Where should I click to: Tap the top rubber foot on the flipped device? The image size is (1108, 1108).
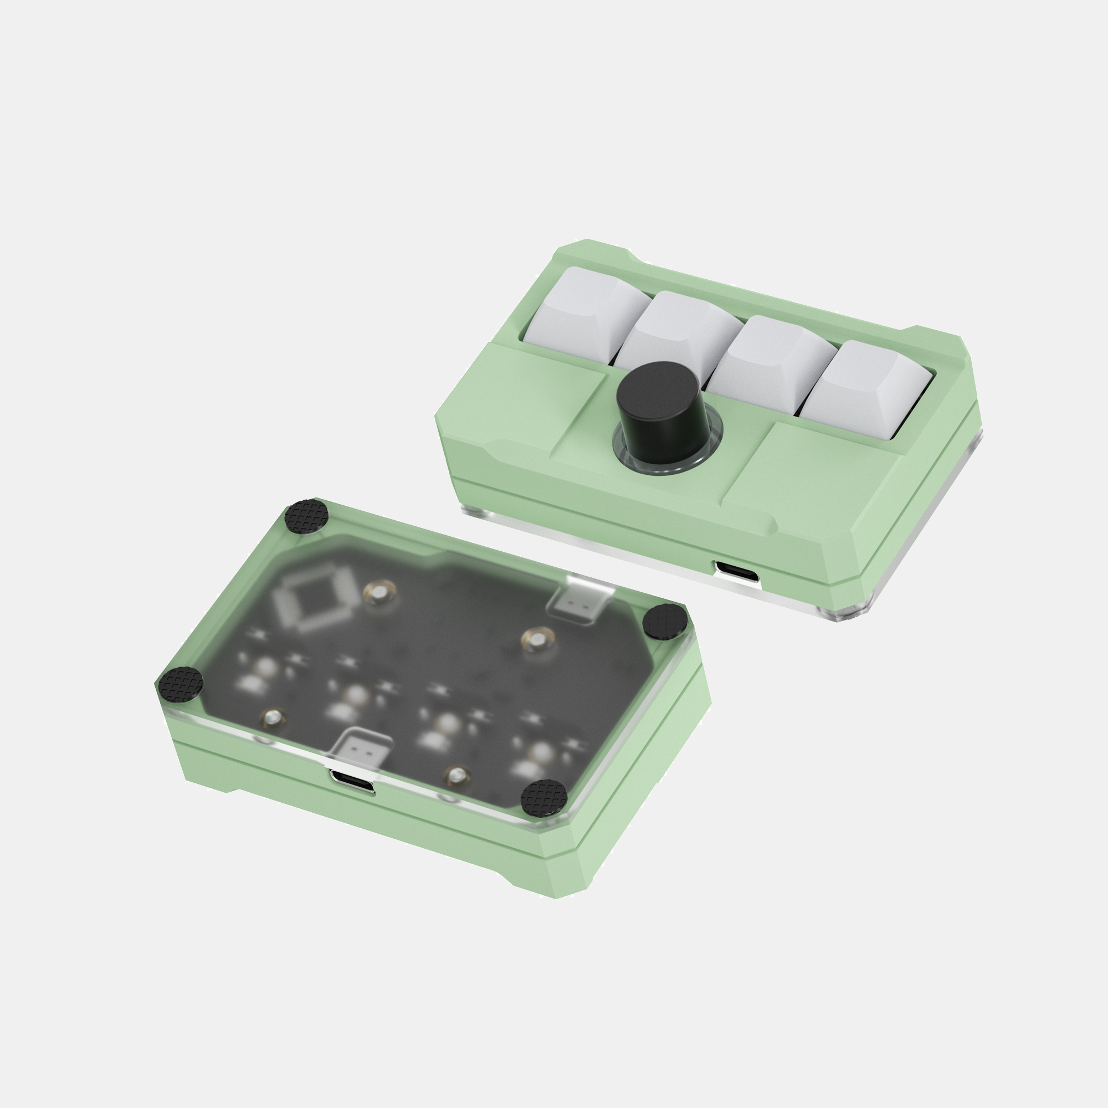[x=307, y=516]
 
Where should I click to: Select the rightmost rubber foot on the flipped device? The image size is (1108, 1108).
[x=665, y=621]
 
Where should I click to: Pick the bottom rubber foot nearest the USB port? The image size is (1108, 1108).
[x=543, y=796]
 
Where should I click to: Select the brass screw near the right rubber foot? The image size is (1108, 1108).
[x=537, y=639]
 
